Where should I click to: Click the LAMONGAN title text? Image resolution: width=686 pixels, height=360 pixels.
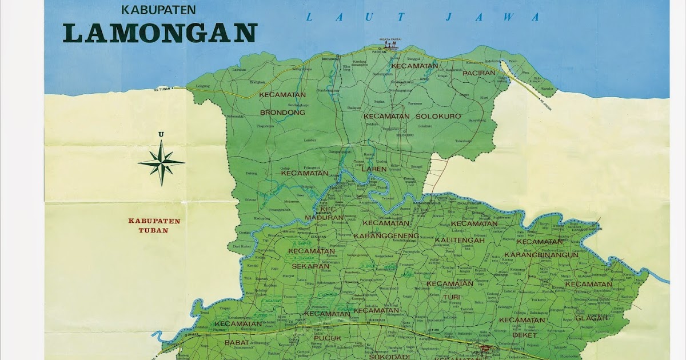tap(159, 33)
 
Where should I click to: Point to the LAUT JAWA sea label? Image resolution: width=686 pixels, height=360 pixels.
tap(422, 17)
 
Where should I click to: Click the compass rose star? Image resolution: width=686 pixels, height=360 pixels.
tap(161, 162)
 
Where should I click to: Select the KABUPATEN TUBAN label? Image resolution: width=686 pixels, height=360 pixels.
tap(154, 225)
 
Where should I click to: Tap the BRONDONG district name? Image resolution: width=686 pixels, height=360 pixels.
tap(282, 113)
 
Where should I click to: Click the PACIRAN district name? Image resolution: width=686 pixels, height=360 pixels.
tap(478, 73)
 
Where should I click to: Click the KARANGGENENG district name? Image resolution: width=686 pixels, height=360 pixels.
tap(387, 235)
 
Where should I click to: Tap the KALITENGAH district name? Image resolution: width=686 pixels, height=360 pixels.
tap(460, 240)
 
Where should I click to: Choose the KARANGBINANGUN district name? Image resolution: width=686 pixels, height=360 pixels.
tap(541, 255)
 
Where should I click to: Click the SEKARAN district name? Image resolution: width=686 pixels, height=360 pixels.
tap(310, 266)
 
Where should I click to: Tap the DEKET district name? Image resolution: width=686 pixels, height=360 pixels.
tap(525, 335)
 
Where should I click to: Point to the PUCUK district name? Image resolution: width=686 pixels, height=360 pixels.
tap(327, 338)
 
